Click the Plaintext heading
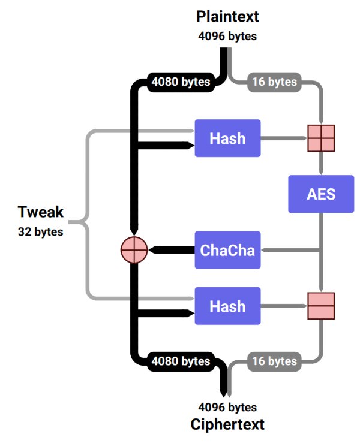[227, 16]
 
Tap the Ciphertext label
[227, 424]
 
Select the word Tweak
[40, 212]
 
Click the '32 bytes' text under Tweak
[40, 231]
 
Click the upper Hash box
[227, 138]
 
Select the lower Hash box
[227, 306]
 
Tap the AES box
[321, 194]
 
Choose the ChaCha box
[227, 250]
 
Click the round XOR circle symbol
[134, 250]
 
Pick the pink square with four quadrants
[321, 138]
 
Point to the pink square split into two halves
[321, 306]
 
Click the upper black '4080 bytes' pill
[181, 82]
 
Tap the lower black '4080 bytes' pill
[181, 361]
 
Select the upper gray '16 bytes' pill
[274, 82]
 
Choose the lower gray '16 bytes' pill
[274, 361]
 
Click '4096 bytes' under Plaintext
[227, 36]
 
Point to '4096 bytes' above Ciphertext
[227, 408]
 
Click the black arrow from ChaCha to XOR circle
[172, 250]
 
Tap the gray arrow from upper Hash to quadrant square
[284, 138]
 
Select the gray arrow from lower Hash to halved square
[284, 306]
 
